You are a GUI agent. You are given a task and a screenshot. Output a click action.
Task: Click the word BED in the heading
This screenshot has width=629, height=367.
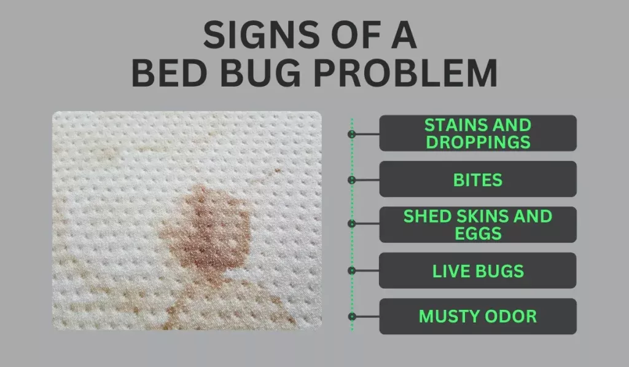170,73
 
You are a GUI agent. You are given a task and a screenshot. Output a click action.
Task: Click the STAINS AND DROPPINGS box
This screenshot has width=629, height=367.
478,133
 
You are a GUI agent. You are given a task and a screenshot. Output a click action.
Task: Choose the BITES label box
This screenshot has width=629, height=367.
478,179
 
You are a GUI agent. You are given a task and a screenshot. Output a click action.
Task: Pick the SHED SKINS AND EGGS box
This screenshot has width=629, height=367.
478,225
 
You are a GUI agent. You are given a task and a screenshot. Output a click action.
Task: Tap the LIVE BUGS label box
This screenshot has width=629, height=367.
478,270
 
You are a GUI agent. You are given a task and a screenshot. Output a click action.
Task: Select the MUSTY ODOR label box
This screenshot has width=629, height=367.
478,317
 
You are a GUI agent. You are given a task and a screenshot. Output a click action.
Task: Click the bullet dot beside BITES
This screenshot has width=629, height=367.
352,180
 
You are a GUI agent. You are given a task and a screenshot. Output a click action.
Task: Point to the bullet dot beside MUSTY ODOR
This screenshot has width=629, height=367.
352,317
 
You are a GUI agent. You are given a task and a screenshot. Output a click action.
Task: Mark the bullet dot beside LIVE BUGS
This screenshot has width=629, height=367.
352,271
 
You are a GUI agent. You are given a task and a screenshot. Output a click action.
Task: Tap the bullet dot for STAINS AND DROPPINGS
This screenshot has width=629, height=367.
352,134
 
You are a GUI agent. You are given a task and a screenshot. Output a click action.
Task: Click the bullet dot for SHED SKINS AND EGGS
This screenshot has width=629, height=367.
352,224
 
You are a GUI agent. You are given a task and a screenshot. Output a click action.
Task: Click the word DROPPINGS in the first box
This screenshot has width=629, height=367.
478,142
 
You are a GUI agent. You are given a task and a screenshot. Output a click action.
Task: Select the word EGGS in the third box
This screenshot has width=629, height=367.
478,233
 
